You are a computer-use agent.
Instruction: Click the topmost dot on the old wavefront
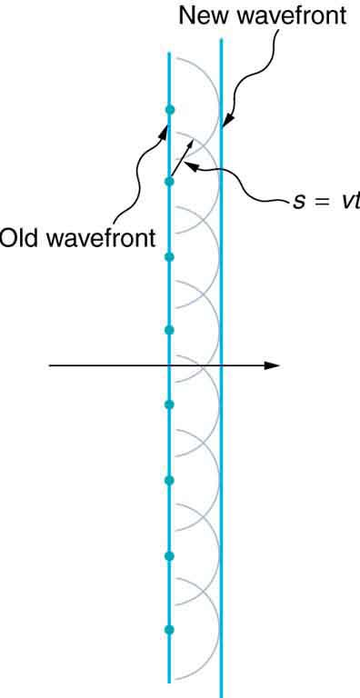coord(169,110)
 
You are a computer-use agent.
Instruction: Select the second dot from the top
coord(169,182)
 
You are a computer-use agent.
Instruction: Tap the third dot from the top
coord(169,257)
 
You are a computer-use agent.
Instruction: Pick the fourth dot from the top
coord(169,329)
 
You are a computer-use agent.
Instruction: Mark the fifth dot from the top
coord(169,404)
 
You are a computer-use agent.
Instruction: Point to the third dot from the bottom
coord(169,480)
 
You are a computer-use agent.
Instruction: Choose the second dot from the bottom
coord(169,555)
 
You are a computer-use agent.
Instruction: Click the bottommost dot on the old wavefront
coord(169,629)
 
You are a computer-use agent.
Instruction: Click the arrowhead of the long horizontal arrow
coord(272,365)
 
